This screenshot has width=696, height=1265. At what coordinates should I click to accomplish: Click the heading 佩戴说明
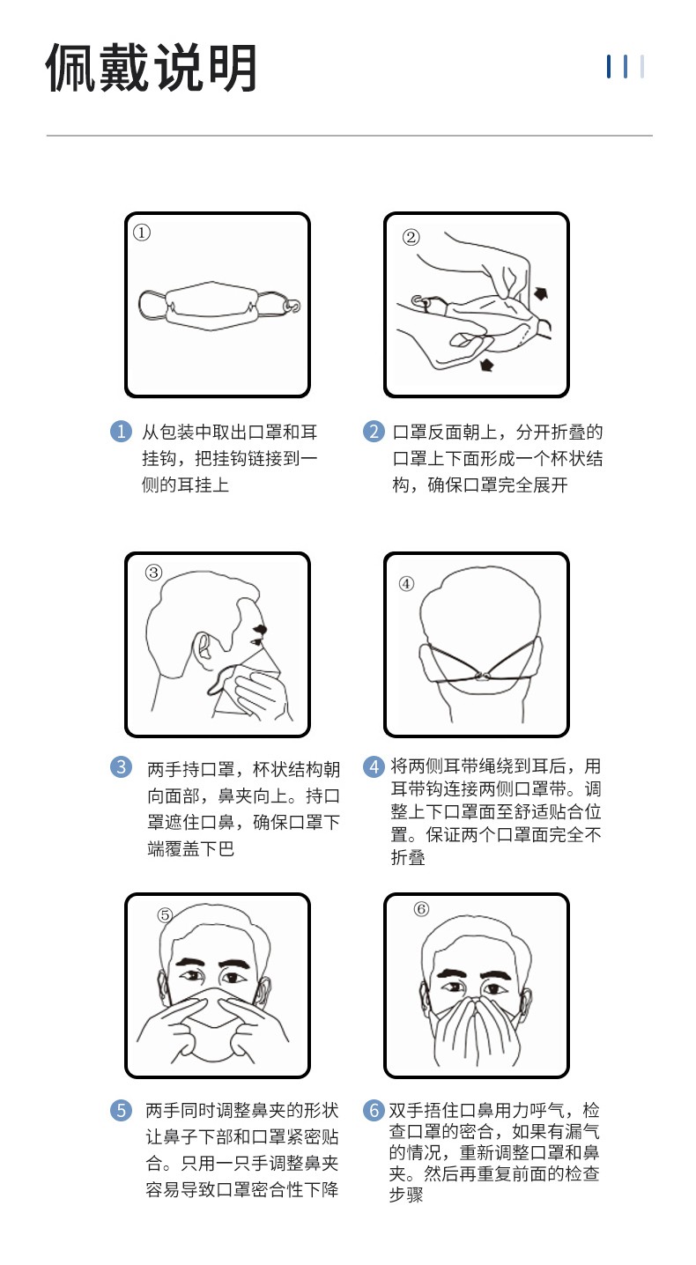click(x=152, y=68)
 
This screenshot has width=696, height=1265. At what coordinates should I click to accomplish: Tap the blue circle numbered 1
click(x=121, y=432)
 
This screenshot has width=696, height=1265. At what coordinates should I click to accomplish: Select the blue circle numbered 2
click(x=374, y=432)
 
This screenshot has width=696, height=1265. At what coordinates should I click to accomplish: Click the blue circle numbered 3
click(x=121, y=767)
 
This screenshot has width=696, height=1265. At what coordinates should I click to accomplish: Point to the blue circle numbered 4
click(x=374, y=767)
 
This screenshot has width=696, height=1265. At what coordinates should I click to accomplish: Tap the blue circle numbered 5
click(x=121, y=1110)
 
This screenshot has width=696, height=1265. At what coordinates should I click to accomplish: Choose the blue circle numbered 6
click(x=374, y=1110)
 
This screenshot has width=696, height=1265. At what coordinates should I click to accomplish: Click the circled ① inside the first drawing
click(x=142, y=233)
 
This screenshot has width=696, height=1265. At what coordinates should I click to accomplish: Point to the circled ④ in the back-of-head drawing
click(x=406, y=583)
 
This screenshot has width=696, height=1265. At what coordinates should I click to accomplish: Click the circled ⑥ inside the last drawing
click(x=421, y=909)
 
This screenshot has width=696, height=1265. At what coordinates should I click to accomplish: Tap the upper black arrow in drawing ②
click(x=541, y=293)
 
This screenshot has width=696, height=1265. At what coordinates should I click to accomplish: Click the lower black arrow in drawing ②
click(x=485, y=364)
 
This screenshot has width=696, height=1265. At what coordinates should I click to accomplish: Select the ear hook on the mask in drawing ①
click(x=293, y=307)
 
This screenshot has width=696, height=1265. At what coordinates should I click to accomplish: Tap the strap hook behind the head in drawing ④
click(x=481, y=677)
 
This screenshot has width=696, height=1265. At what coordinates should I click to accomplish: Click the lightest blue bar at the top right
click(x=642, y=67)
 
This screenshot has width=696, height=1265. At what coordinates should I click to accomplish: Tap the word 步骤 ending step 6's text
click(x=405, y=1195)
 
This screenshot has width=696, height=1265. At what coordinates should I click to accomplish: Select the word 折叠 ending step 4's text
click(x=408, y=857)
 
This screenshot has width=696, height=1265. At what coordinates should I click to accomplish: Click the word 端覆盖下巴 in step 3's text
click(x=190, y=849)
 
